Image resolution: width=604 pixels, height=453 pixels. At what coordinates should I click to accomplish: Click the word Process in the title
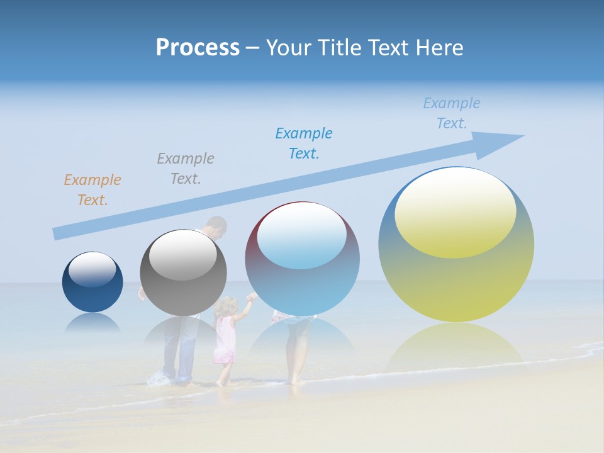[198, 48]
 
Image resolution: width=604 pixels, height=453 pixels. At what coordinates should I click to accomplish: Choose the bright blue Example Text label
[304, 143]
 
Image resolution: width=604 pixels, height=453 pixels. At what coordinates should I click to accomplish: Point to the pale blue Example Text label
[452, 113]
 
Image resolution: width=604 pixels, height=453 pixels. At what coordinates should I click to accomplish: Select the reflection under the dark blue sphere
[92, 322]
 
